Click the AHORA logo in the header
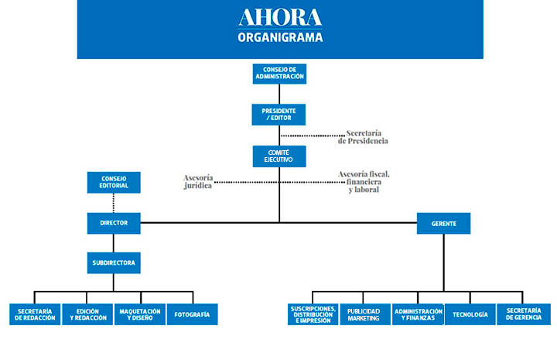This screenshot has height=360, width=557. point(280,17)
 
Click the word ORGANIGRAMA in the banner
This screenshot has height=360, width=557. point(280,37)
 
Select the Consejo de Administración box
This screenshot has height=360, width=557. point(279,74)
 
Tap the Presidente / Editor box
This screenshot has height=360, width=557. point(278,115)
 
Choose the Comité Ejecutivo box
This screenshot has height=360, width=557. point(279,156)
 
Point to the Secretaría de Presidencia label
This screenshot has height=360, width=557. point(363,137)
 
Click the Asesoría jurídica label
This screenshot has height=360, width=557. point(198,182)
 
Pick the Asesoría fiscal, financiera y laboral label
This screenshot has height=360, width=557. point(364,182)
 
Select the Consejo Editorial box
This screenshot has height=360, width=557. point(114,182)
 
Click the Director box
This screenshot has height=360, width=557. point(114,223)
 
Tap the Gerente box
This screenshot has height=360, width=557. point(444,224)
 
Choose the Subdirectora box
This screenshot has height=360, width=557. point(114,263)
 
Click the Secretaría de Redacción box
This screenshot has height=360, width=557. point(35,314)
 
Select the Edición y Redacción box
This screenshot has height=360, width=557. point(87,314)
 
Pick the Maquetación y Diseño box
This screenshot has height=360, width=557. point(140,314)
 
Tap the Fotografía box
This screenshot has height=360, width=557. point(192,314)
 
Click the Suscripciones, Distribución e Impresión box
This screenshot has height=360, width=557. point(313,314)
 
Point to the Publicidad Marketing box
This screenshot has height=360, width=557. point(365,314)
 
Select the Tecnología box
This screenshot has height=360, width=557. point(470,314)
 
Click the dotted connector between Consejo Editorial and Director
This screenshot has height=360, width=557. point(113,203)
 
